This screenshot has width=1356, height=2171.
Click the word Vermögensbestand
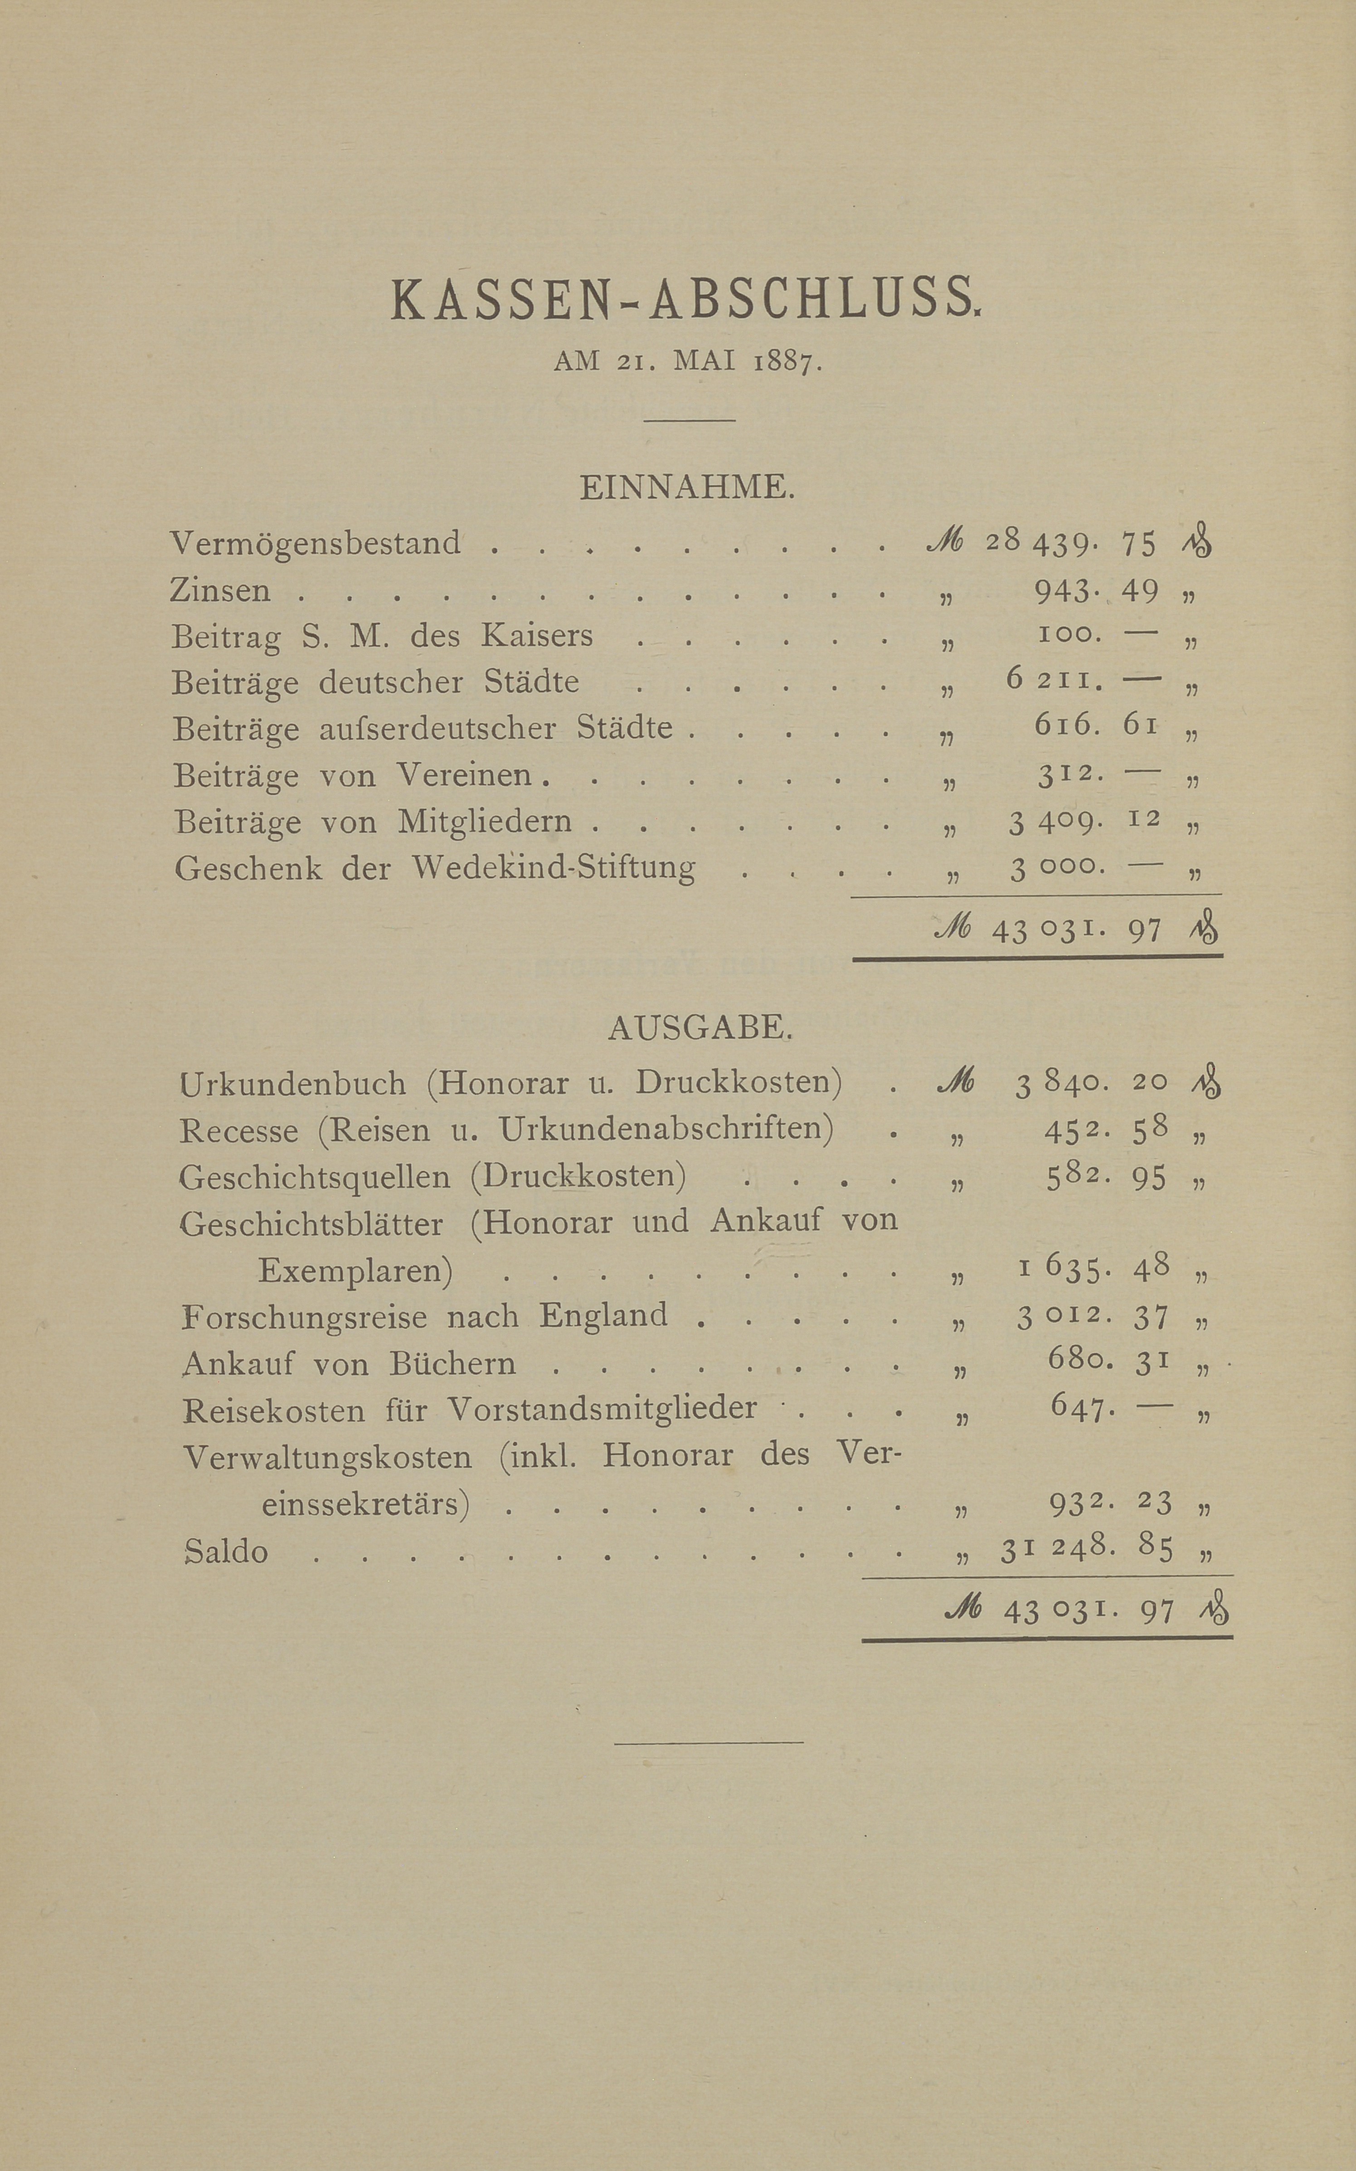[x=316, y=543]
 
